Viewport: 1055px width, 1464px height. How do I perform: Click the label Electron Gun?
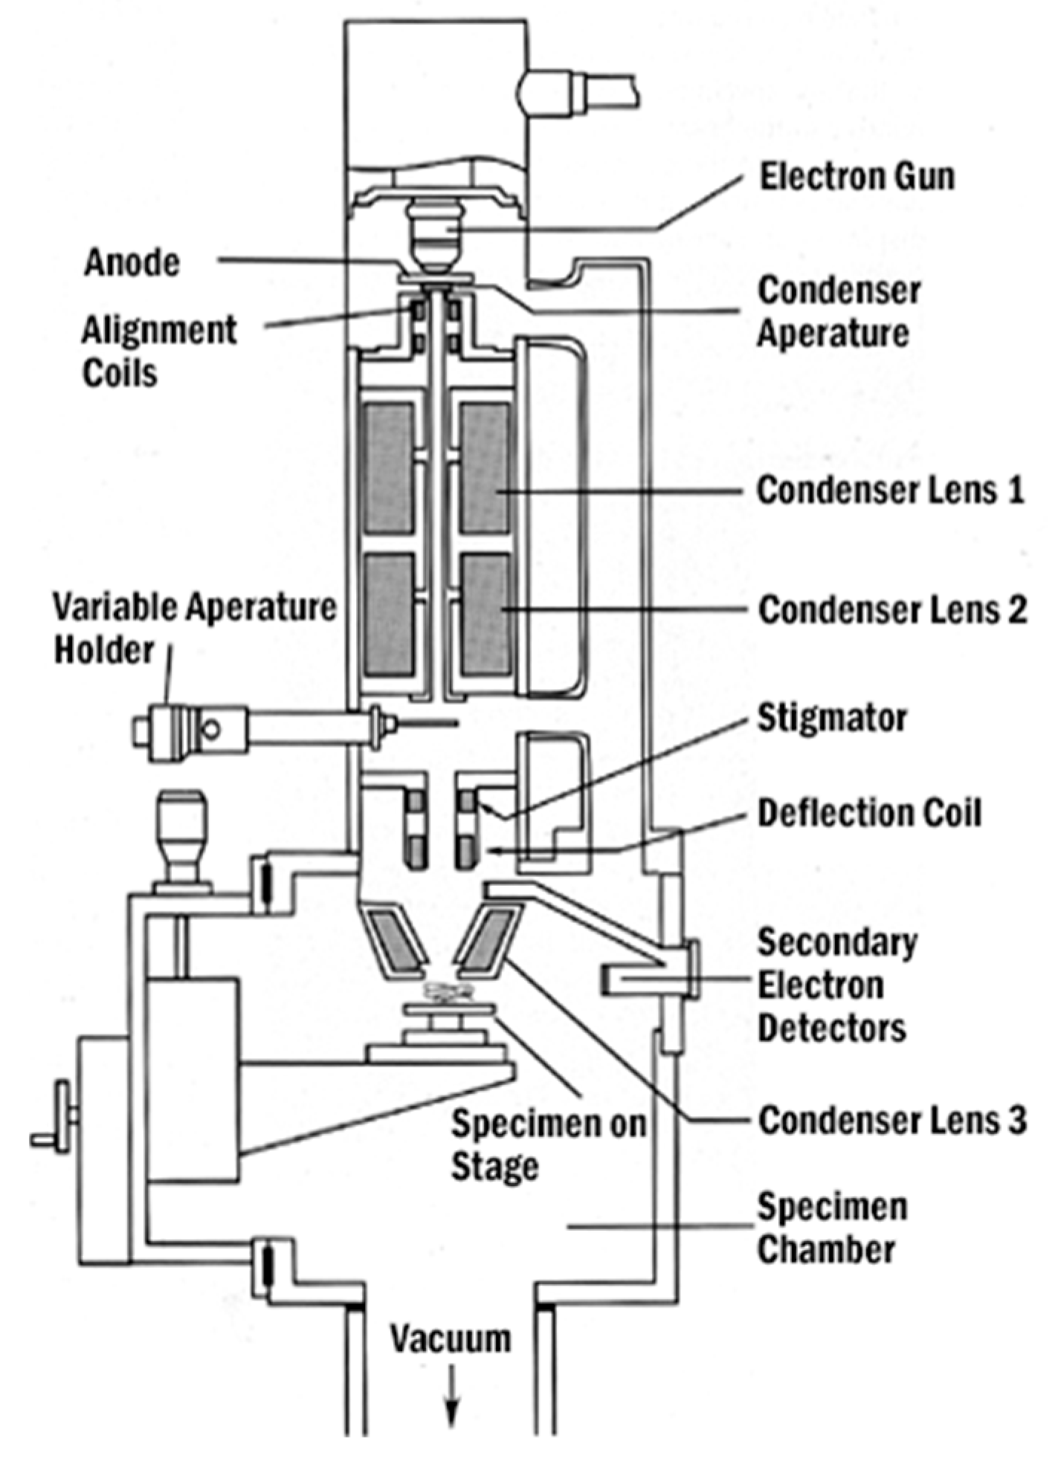tap(856, 177)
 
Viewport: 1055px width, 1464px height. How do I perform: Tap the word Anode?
tap(132, 262)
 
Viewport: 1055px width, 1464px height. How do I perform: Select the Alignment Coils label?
tap(158, 351)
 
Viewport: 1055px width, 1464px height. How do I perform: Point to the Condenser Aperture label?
tap(839, 311)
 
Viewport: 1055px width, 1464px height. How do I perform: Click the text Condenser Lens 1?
tap(890, 490)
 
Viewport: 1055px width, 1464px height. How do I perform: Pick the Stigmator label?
tap(832, 718)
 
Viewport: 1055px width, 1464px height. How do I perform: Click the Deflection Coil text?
tap(869, 813)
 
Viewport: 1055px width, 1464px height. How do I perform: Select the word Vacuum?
tap(451, 1338)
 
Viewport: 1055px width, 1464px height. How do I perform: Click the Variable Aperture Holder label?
tap(194, 628)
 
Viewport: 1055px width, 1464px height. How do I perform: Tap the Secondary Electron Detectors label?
tap(836, 985)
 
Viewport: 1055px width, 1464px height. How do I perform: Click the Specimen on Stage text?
tap(548, 1144)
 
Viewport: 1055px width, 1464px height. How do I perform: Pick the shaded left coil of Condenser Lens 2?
tap(389, 615)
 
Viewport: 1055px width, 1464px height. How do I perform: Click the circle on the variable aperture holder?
tap(211, 729)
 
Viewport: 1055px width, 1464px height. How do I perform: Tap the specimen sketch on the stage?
tap(449, 988)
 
